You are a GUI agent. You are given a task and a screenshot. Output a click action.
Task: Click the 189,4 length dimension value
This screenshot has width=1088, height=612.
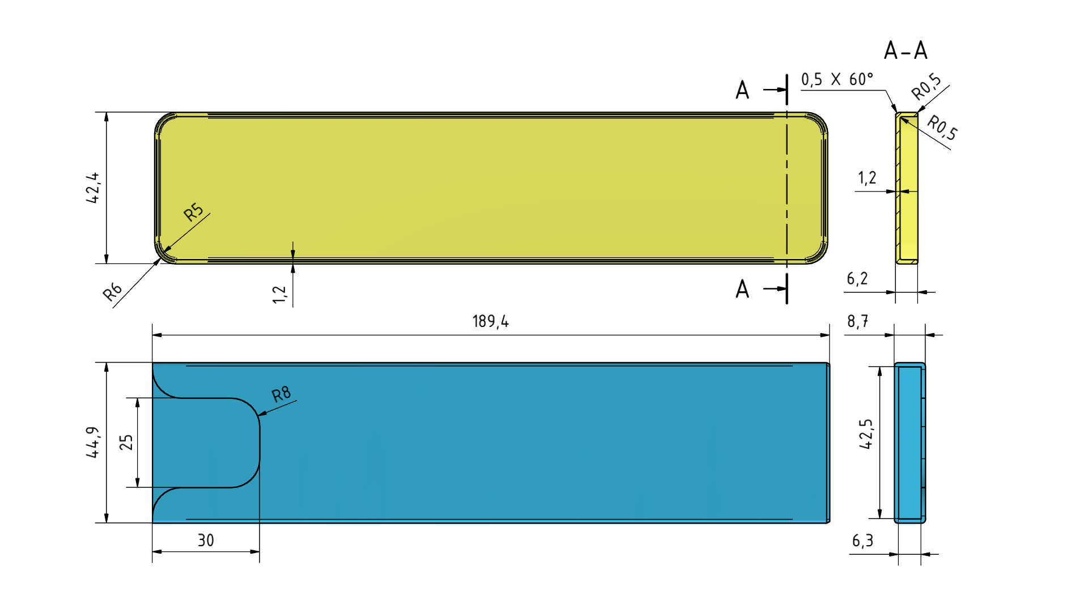[491, 322]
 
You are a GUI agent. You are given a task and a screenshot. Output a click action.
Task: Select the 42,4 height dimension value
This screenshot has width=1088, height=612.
[92, 188]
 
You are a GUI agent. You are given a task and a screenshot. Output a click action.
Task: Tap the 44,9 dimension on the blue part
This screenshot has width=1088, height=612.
[92, 442]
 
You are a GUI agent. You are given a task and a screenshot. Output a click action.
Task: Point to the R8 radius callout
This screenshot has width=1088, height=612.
[281, 394]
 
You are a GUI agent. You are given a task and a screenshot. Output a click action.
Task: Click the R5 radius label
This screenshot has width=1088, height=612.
[193, 212]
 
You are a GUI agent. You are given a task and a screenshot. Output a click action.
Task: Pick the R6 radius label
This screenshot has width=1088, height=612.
[112, 291]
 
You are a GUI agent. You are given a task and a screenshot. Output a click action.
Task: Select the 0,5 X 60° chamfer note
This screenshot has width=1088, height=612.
[837, 79]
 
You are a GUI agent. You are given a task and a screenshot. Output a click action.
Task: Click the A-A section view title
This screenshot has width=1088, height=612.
[906, 51]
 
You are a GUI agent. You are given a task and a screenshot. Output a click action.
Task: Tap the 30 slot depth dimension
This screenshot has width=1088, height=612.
[206, 541]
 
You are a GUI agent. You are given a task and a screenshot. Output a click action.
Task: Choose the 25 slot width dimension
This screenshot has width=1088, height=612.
[126, 442]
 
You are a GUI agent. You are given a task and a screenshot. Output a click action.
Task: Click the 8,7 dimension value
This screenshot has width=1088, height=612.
[857, 322]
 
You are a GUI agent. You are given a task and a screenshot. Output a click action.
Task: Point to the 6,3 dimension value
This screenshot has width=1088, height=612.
[862, 541]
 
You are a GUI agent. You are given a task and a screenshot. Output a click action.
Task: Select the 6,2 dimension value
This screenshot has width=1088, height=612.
[857, 279]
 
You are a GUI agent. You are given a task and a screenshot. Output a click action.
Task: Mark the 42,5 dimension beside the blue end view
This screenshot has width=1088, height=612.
[866, 434]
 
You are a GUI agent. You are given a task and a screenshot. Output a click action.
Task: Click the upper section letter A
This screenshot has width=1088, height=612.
[742, 90]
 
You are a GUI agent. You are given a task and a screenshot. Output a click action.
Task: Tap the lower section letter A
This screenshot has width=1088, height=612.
[742, 289]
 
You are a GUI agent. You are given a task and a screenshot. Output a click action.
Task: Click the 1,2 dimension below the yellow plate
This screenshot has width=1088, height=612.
[279, 294]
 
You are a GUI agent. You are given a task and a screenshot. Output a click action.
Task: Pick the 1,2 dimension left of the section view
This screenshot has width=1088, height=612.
[867, 178]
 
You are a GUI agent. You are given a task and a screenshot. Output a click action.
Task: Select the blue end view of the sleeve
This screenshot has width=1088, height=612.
[909, 443]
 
